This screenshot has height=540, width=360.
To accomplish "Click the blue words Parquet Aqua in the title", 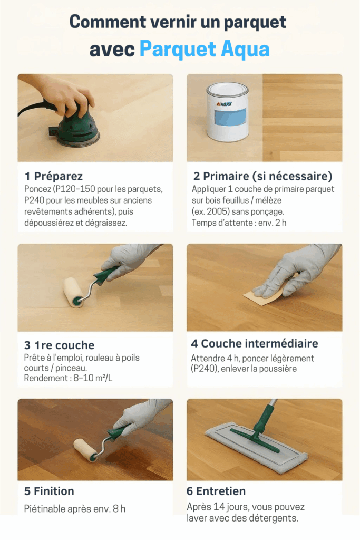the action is [205, 50].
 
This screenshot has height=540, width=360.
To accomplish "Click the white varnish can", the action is [228, 112].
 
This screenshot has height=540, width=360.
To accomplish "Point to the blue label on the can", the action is [230, 117].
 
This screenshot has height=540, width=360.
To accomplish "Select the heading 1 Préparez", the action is [53, 176].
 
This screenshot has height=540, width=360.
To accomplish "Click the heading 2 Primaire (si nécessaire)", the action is [262, 176].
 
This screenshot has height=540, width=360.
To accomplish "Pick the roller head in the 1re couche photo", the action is [73, 292].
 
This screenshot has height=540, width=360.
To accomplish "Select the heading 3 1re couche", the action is [59, 345].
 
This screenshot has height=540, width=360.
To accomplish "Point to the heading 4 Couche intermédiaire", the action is [255, 343].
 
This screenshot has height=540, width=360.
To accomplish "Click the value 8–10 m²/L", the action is [93, 378].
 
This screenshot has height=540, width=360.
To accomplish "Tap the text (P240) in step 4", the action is [204, 369].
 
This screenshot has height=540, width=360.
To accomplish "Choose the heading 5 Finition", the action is [49, 491].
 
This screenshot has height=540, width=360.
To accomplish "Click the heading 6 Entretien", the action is [216, 491].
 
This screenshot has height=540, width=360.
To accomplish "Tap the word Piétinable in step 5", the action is [45, 509].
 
